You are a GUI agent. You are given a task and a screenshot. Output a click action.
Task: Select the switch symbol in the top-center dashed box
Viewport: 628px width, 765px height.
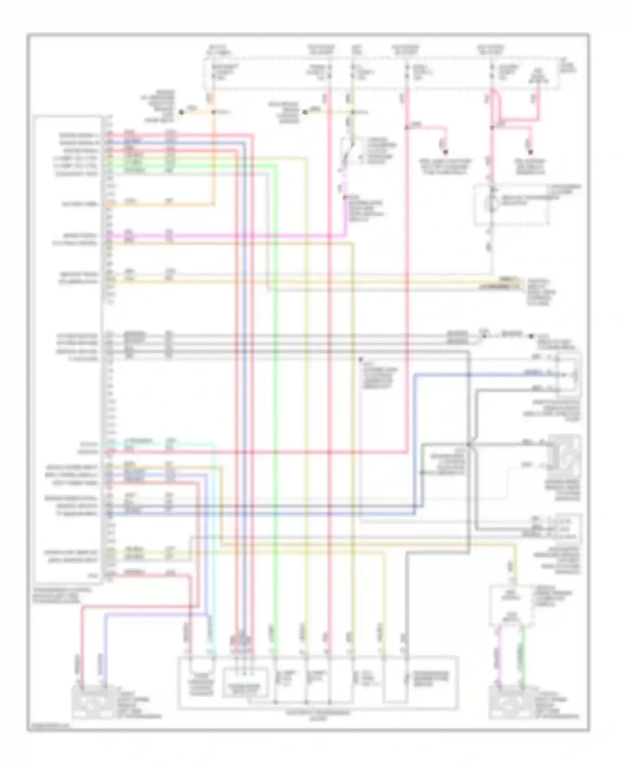point(347,154)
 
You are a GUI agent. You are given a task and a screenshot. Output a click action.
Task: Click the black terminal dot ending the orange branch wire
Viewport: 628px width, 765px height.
point(181,112)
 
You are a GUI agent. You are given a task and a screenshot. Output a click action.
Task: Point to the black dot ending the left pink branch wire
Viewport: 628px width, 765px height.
point(445,151)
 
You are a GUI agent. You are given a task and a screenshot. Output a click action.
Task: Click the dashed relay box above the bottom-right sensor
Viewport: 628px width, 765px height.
point(512,605)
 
